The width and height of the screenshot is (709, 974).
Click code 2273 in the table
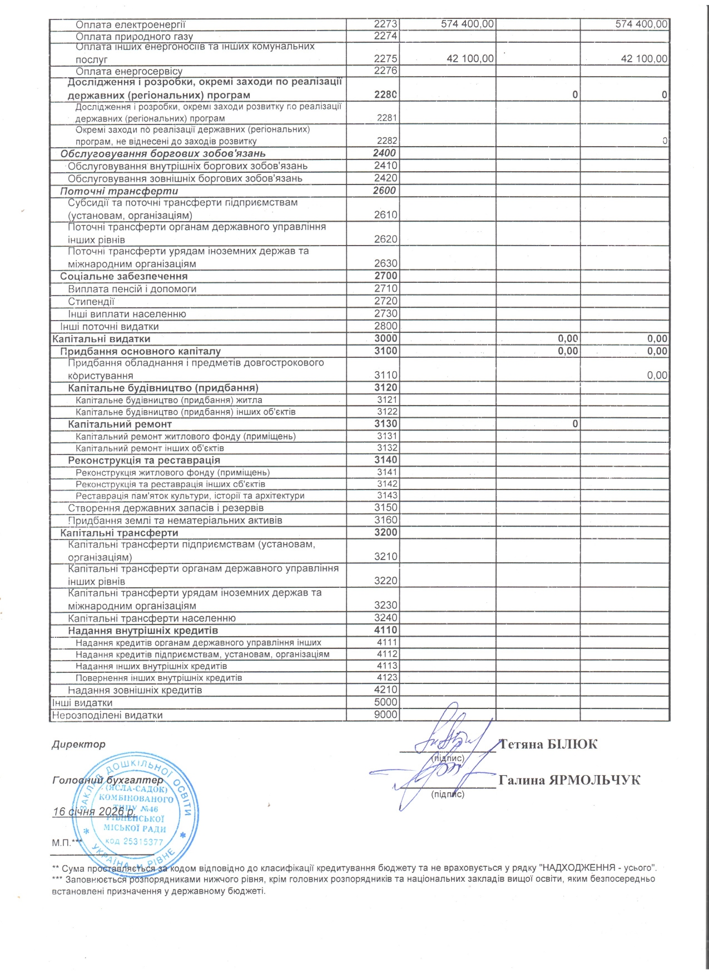[x=385, y=24]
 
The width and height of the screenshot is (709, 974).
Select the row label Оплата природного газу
[x=134, y=36]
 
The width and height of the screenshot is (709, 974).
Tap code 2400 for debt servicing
[x=384, y=153]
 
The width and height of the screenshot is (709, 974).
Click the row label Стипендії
[x=91, y=302]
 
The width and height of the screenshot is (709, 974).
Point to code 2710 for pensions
[x=385, y=289]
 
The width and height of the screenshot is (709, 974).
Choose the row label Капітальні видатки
[x=101, y=339]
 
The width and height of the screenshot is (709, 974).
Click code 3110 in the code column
[x=385, y=376]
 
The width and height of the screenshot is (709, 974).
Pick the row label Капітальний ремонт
[x=120, y=424]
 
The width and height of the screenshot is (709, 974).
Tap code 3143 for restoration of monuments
[x=387, y=496]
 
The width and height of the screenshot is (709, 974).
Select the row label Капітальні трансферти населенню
[x=152, y=618]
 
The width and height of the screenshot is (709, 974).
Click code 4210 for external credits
[x=385, y=690]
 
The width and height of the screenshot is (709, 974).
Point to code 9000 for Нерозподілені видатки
[x=385, y=715]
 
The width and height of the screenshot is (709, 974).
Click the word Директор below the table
[x=78, y=745]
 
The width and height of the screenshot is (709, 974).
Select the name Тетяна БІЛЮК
[x=548, y=745]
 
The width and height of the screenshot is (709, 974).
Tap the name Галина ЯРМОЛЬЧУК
[x=569, y=780]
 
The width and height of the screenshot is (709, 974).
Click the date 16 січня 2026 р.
[x=94, y=812]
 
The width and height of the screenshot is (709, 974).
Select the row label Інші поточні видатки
[x=110, y=327]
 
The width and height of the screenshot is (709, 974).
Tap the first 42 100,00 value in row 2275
[x=470, y=59]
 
